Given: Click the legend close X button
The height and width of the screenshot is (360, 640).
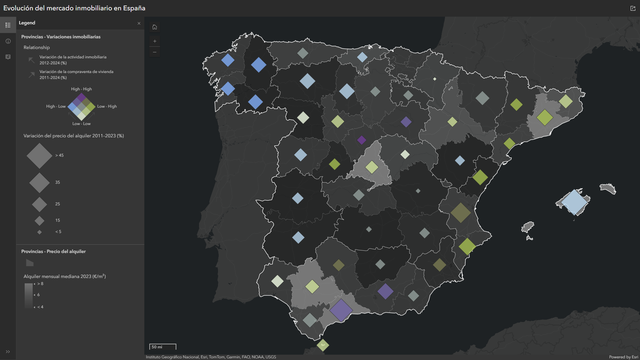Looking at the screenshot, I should pos(139,23).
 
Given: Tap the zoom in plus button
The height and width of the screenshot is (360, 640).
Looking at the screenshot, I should pos(155,41).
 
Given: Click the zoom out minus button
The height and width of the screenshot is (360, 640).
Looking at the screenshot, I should pos(155,52).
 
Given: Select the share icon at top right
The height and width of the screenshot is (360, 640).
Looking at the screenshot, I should pos(633,8).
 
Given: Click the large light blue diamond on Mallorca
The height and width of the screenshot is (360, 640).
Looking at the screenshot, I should pos(574,202).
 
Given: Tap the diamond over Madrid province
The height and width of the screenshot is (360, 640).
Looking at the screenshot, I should pos(372,167).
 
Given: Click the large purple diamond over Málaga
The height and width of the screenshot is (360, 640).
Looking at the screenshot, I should pos(341,310).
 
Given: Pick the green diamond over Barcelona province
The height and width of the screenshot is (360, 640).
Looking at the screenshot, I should pos(545,117).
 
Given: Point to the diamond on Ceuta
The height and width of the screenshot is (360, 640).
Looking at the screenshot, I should pos(323,345).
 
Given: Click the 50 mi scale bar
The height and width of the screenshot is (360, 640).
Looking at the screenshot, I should pos(163,347).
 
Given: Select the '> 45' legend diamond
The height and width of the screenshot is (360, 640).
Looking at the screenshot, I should pos(39,156).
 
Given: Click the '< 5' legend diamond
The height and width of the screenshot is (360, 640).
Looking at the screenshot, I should pos(39,232).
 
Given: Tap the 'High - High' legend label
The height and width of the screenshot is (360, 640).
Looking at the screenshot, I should pos(81,89).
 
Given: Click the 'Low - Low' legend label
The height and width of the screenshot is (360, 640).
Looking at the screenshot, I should pos(81,124).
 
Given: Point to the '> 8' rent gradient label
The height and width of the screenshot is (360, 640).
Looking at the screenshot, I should pos(41,284).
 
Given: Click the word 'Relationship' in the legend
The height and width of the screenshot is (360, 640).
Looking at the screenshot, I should pos(37,47).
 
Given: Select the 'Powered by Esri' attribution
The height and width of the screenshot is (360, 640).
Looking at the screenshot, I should pos(623,357).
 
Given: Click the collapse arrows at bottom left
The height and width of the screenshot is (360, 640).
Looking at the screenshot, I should pos(8,352).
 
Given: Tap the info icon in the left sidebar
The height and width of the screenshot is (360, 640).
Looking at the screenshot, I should pos(8,41).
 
